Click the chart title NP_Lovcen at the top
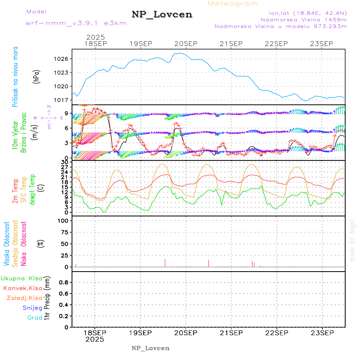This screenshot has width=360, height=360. [162, 14]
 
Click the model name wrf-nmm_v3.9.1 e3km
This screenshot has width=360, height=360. [76, 23]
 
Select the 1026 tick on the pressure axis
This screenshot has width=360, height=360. [62, 59]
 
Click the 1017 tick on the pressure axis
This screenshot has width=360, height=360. [62, 100]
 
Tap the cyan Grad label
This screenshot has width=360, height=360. [35, 318]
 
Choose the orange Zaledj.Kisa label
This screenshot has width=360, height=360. [24, 298]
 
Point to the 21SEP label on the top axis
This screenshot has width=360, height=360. [231, 44]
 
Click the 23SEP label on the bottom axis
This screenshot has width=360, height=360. [322, 332]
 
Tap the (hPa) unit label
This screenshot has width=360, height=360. [37, 76]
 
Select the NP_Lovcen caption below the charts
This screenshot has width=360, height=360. [150, 348]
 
